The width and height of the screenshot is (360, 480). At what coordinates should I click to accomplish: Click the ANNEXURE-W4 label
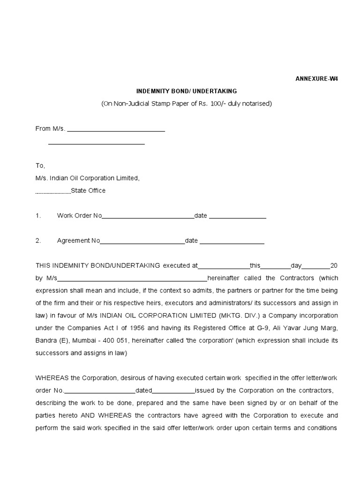(316, 79)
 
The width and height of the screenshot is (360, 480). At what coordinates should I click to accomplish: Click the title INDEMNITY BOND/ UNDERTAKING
(186, 91)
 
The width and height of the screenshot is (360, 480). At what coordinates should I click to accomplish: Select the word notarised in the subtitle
(256, 103)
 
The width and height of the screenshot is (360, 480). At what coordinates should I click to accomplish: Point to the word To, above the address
(40, 165)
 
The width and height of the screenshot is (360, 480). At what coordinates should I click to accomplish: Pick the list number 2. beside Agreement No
(38, 241)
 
